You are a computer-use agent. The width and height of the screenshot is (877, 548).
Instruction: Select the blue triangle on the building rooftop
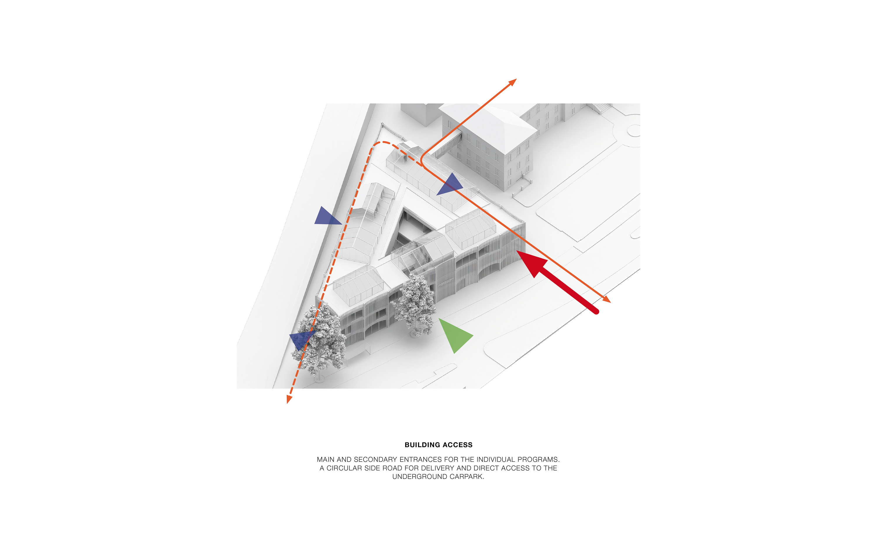(451, 185)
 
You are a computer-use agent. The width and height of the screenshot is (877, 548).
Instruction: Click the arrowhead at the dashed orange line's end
(289, 399)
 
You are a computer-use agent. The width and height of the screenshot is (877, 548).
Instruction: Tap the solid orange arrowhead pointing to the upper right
(512, 82)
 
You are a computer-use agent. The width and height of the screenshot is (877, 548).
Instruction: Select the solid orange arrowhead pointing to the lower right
(607, 299)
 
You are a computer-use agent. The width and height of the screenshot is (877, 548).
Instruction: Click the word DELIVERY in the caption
(437, 468)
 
